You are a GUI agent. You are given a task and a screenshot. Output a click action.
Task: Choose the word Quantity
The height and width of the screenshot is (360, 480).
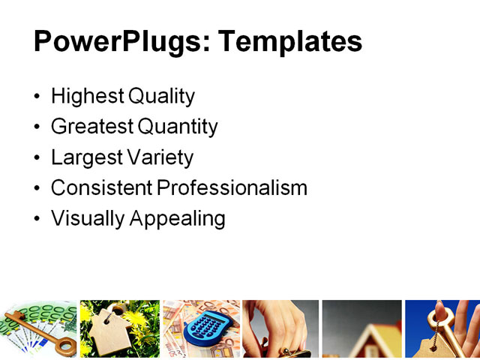coord(180,127)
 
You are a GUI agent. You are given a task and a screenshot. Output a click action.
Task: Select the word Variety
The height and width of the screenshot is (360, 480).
coord(160,158)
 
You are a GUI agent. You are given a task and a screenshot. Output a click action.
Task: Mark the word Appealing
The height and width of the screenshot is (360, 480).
coord(178,219)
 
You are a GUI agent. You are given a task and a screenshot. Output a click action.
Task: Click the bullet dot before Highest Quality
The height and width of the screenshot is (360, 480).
coord(38,97)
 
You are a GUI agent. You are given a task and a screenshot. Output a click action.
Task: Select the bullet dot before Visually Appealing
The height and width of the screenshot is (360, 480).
coord(38,220)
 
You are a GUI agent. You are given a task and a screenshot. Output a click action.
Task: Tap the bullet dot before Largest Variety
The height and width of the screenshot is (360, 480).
coord(38,159)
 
